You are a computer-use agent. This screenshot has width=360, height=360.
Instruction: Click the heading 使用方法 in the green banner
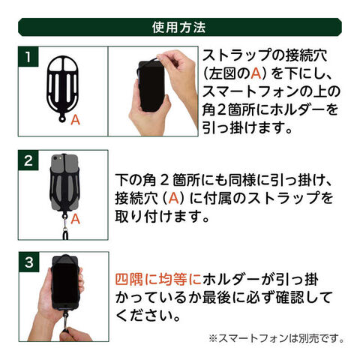click(x=178, y=27)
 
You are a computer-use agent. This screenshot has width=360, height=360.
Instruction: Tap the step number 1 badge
click(x=28, y=56)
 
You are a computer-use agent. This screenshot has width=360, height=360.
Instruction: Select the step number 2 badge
click(x=28, y=160)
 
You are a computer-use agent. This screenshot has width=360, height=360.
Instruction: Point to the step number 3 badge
click(x=29, y=262)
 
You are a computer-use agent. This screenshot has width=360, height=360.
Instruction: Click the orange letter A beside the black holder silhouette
click(x=75, y=120)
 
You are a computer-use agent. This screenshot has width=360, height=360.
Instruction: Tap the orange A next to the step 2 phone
click(x=75, y=219)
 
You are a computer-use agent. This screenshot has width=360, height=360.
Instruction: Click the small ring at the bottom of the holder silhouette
click(x=62, y=118)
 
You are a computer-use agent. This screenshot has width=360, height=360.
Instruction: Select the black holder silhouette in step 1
click(x=62, y=88)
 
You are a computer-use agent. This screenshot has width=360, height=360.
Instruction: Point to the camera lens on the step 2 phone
click(x=55, y=158)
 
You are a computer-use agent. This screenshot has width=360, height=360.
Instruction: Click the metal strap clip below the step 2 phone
click(x=65, y=224)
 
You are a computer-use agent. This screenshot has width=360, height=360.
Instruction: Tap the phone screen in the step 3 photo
click(x=65, y=283)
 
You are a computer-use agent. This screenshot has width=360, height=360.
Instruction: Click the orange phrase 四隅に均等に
click(x=158, y=279)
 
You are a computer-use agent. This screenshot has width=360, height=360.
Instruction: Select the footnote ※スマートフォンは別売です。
click(x=276, y=338)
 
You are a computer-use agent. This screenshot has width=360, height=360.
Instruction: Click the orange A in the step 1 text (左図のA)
click(x=256, y=73)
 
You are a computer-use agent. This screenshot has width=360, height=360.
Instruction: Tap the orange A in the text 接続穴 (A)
click(x=173, y=198)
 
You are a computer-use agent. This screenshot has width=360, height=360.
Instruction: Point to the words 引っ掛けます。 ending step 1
click(x=247, y=127)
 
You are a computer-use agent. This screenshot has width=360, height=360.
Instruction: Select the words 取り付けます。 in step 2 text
click(x=162, y=216)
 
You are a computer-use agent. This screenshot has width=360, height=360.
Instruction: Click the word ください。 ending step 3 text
click(x=148, y=316)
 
